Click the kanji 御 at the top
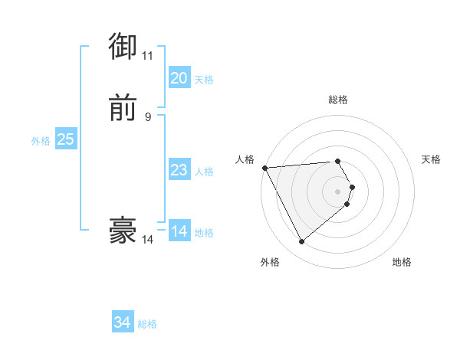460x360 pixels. tap(123, 47)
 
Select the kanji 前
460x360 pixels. tap(123, 108)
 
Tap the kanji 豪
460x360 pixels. tap(123, 230)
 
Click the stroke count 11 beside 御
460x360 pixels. tap(147, 56)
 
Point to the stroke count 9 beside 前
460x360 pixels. tap(148, 116)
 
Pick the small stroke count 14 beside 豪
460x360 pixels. tap(147, 239)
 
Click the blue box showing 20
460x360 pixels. tap(179, 78)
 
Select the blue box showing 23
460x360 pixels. tap(179, 170)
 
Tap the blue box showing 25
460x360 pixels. tap(65, 139)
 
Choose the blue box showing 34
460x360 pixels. tap(123, 322)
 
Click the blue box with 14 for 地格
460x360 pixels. tap(179, 231)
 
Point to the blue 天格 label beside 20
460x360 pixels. tap(204, 80)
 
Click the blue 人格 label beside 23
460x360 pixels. tap(204, 172)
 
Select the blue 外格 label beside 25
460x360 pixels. tap(41, 141)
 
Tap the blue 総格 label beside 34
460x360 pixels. tap(147, 324)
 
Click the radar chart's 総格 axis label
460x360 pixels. tap(338, 100)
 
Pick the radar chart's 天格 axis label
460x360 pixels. tap(432, 159)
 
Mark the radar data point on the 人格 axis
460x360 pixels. tap(264, 168)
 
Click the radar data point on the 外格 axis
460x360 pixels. tap(301, 242)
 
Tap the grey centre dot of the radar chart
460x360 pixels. tap(338, 191)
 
